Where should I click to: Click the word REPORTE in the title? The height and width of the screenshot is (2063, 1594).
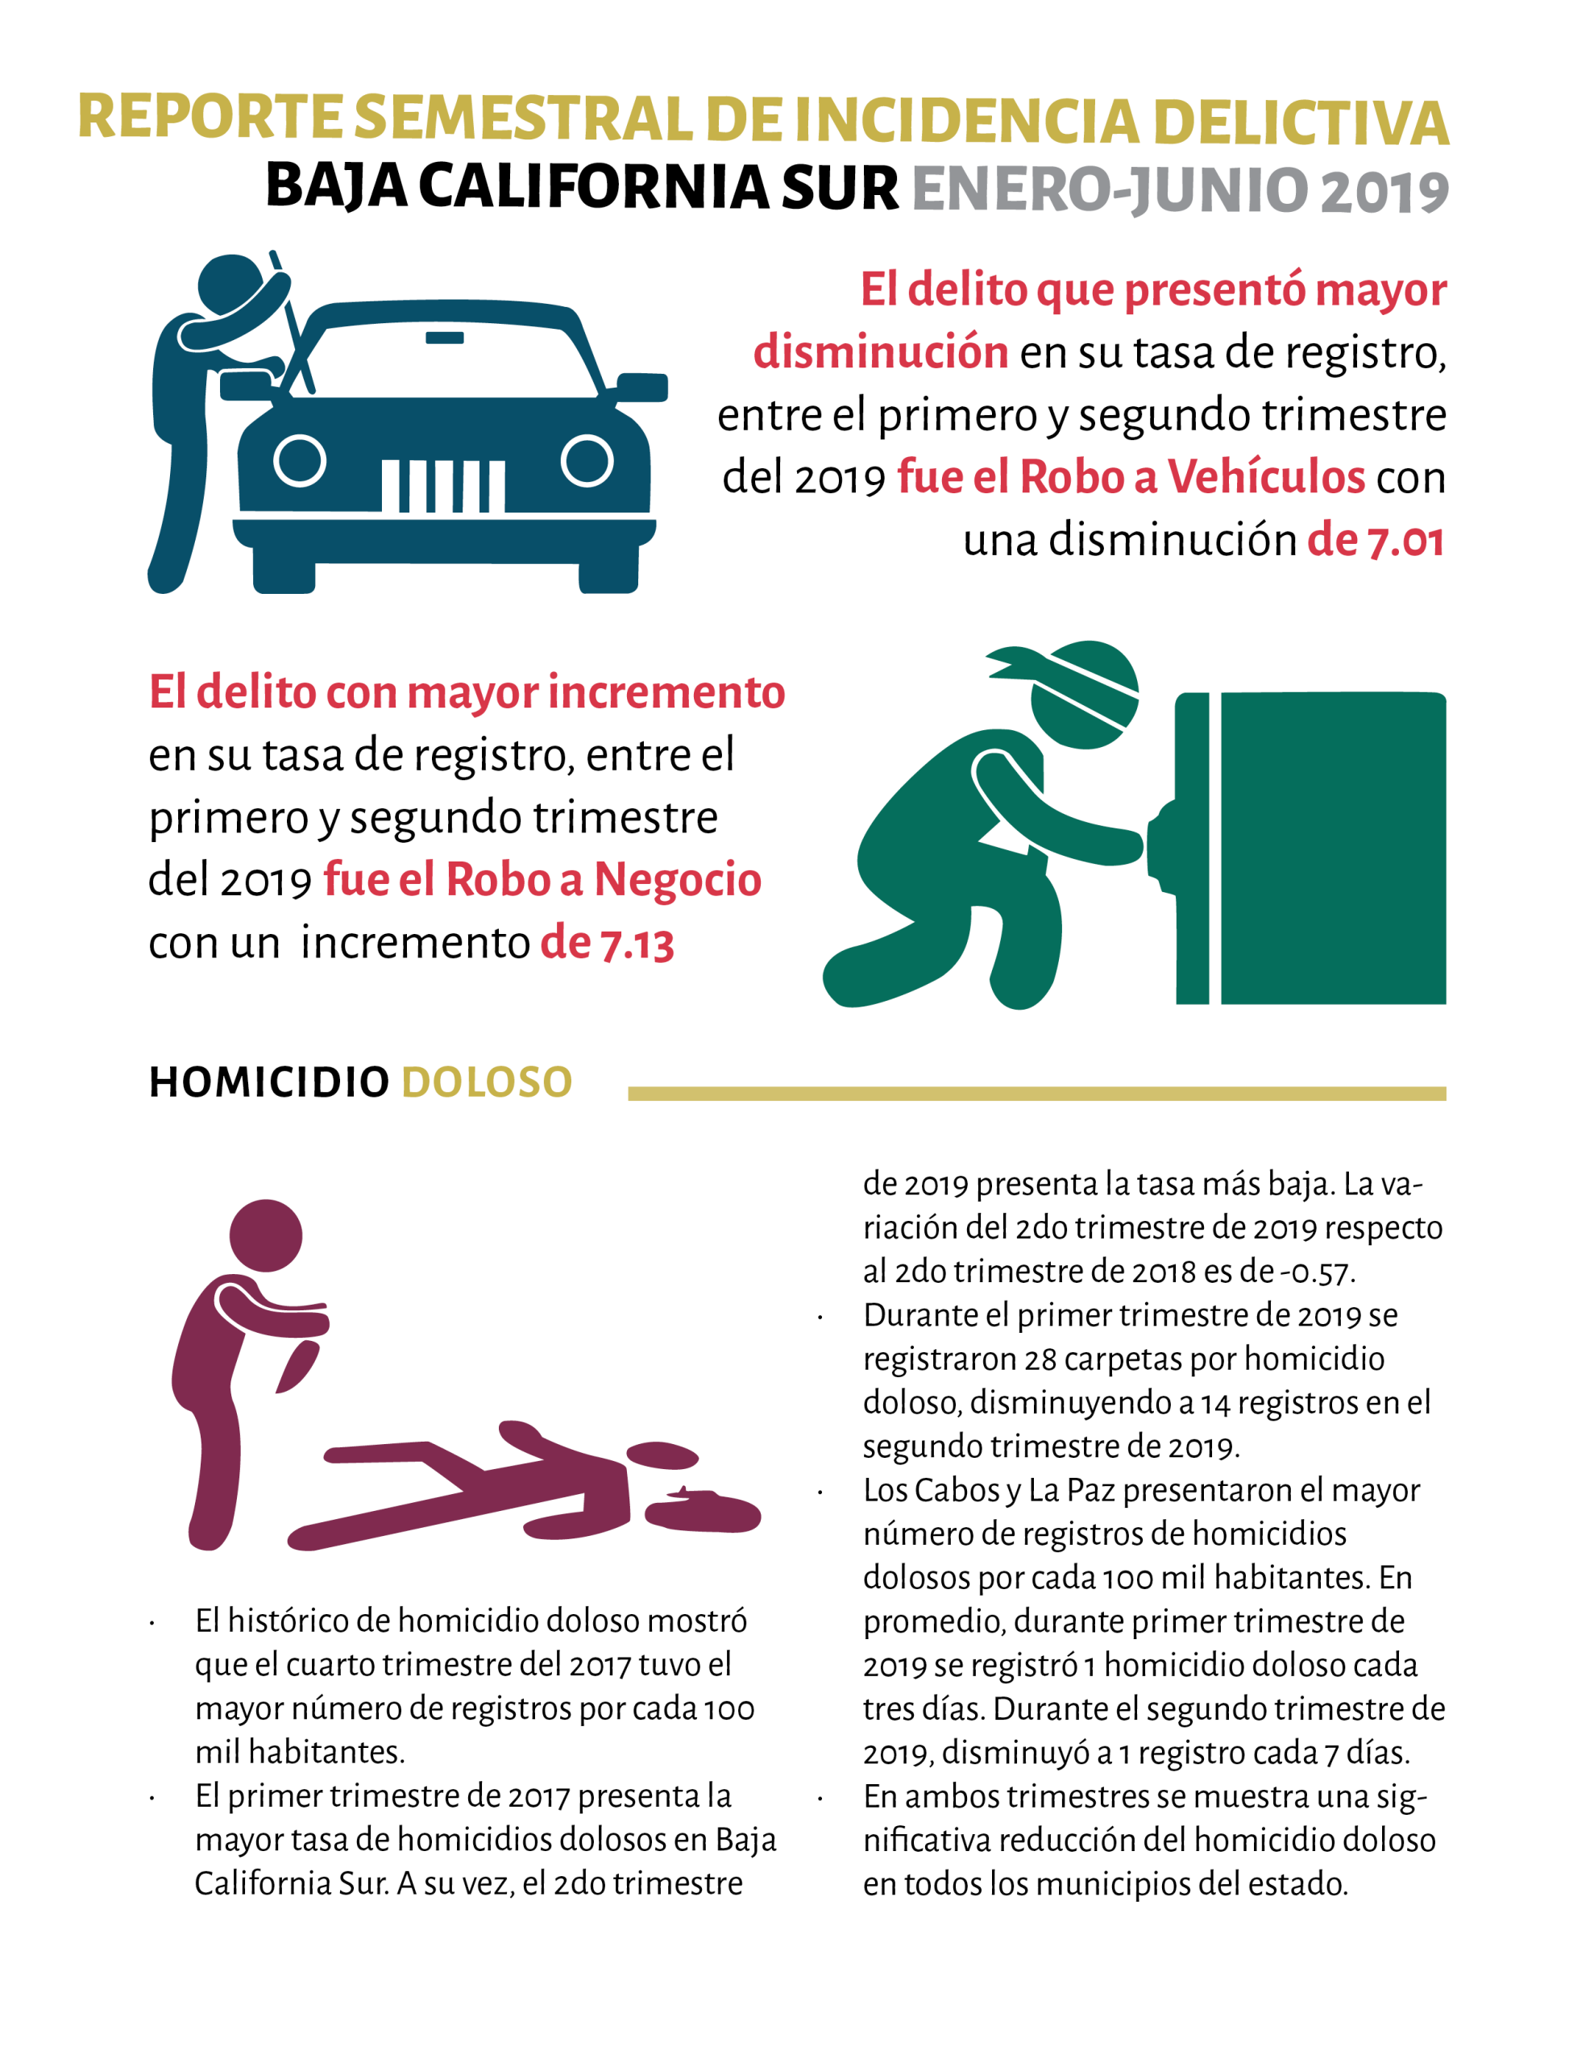point(210,118)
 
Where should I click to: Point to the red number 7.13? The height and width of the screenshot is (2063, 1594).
point(637,944)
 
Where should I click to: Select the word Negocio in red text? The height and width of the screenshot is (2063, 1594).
point(678,879)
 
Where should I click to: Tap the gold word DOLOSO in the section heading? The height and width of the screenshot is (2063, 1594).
point(488,1082)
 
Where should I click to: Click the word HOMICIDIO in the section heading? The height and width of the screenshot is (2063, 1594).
point(269,1082)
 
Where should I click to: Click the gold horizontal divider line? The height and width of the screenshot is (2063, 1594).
point(1036,1094)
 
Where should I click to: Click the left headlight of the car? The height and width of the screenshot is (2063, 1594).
point(300,461)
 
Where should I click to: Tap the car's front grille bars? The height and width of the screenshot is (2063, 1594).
point(442,485)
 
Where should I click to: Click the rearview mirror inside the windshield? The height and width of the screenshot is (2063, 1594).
point(444,337)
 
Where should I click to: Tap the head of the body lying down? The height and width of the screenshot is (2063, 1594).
point(662,1455)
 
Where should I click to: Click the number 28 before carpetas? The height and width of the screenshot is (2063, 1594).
point(1040,1359)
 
